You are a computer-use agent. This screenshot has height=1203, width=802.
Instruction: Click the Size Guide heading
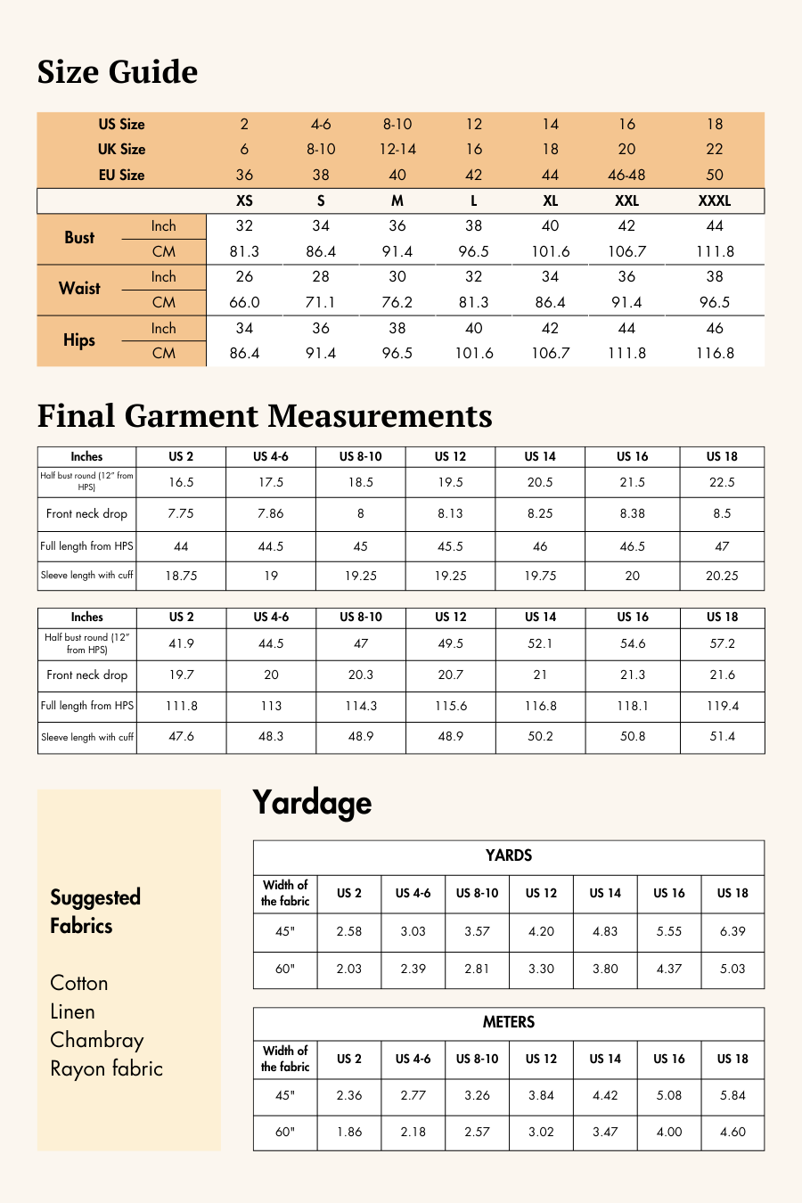[x=118, y=72]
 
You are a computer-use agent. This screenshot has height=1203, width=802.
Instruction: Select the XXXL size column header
[x=715, y=200]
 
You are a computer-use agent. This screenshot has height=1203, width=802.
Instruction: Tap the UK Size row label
[x=121, y=149]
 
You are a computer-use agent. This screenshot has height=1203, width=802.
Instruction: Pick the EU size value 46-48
[x=626, y=175]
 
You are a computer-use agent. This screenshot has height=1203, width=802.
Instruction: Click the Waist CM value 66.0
[x=244, y=302]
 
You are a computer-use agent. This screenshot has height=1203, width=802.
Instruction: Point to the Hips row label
[x=79, y=340]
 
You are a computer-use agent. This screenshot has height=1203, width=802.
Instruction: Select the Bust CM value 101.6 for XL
[x=551, y=251]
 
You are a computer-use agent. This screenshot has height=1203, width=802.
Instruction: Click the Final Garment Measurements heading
[x=265, y=416]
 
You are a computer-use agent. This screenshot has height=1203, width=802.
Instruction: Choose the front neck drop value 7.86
[x=271, y=513]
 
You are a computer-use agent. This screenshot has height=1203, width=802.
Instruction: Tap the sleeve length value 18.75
[x=181, y=576]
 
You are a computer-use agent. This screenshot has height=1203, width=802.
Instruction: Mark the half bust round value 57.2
[x=722, y=643]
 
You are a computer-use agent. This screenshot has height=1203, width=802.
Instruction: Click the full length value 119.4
[x=722, y=706]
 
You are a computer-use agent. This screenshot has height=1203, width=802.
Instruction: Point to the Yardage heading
[x=312, y=803]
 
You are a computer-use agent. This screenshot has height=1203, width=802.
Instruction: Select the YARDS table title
[x=509, y=855]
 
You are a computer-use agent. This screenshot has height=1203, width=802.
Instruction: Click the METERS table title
[x=509, y=1022]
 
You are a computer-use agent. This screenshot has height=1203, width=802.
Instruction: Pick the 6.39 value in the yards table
[x=732, y=931]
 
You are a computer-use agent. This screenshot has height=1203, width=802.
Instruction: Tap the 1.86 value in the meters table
[x=349, y=1132]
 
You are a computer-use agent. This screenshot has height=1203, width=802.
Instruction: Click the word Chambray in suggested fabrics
[x=97, y=1040]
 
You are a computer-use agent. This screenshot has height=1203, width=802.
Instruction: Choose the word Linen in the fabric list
[x=72, y=1011]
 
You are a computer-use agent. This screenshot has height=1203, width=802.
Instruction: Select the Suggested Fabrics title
[x=95, y=911]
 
